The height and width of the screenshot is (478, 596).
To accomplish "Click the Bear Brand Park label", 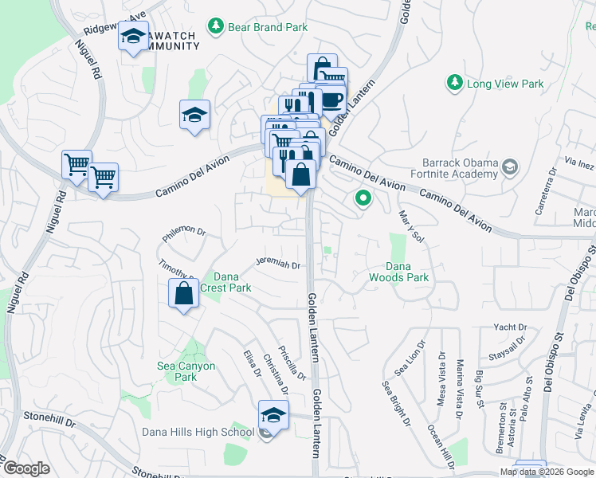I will coord(268,27).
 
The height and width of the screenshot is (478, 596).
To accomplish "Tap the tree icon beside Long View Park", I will coord(454,83).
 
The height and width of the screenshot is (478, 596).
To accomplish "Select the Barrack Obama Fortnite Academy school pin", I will coord(510,167).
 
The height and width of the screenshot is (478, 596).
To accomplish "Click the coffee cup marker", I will coord(331,100).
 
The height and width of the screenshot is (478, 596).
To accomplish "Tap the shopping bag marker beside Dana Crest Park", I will coord(184,293).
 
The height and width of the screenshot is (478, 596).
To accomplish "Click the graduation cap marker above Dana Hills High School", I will coord(272,414).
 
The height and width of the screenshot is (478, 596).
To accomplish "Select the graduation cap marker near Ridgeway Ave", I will coord(134,36).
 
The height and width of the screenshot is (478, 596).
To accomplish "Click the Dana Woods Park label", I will coord(398,272).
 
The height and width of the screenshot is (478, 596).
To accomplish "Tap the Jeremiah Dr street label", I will coord(277,264).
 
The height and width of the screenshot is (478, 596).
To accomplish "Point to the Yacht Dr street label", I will coord(510,327).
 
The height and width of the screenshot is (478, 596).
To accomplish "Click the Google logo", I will coord(26,468).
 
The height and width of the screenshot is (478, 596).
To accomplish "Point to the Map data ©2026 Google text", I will coord(545,472).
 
